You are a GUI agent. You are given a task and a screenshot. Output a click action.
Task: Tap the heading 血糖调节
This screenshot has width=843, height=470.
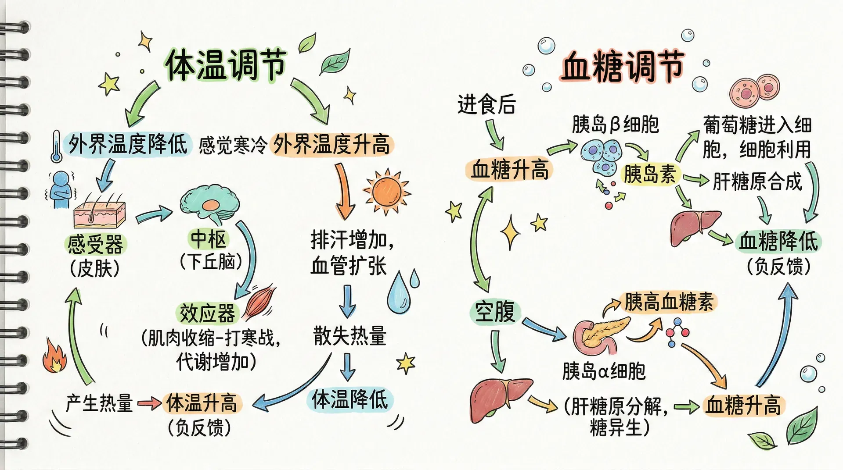623,67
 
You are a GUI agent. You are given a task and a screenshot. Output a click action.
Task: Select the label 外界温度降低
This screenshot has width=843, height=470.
128,144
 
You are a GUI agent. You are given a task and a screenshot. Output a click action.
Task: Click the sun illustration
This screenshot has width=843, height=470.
387,192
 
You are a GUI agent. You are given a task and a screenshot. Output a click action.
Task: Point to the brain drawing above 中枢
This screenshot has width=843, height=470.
209,204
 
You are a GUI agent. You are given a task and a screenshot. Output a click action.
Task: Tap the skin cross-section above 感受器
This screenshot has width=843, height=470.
100,213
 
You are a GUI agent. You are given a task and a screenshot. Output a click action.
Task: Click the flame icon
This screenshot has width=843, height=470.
54,356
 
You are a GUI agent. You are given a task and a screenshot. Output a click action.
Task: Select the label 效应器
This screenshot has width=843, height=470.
207,313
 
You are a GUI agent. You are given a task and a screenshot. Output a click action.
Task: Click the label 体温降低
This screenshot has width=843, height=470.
349,400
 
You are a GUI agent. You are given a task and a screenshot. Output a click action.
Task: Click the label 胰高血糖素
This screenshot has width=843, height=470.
669,303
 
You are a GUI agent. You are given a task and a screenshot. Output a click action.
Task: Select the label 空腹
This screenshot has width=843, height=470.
495,312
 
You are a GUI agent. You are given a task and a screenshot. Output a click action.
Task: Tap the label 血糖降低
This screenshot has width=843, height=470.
778,242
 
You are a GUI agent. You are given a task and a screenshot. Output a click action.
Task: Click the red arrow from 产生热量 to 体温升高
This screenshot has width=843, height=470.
149,402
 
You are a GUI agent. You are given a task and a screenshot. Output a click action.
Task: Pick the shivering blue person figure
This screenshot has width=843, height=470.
61,190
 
